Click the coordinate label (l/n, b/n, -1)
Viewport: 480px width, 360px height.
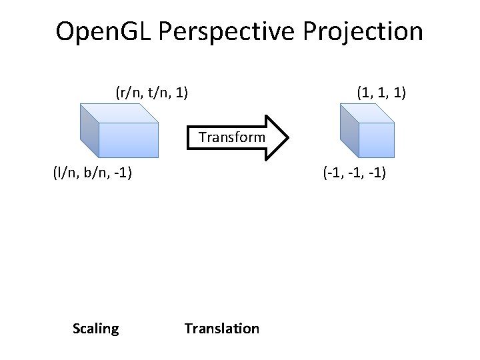[92, 174]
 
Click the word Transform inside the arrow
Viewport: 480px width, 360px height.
[231, 138]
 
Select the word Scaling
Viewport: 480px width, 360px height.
[96, 328]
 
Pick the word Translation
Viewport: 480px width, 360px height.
[222, 328]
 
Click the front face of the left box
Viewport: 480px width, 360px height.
[129, 139]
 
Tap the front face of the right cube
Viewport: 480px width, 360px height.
[375, 139]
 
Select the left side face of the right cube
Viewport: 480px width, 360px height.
[347, 129]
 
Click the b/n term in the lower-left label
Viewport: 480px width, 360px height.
[93, 174]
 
